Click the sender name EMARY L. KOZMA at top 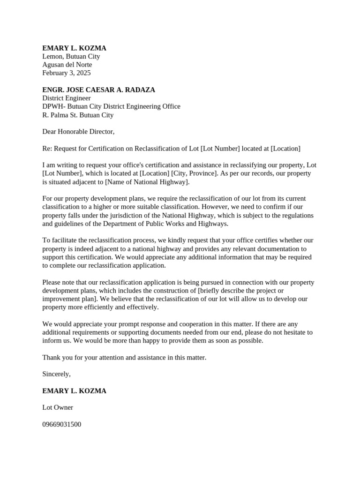coord(74,48)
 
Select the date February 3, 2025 coord(67,73)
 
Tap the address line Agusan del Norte coord(67,65)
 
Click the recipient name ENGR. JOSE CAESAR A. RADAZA coord(98,90)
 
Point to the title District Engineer coord(67,98)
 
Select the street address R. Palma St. coord(59,115)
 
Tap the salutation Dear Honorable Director coord(78,132)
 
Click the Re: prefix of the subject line coord(47,149)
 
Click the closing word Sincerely coord(56,374)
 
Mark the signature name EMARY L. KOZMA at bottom coord(74,391)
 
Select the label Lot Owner coord(58,407)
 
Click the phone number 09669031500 coord(61,424)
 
